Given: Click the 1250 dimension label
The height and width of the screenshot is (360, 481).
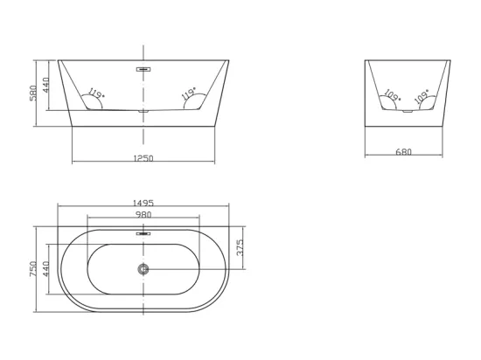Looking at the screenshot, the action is point(143,158).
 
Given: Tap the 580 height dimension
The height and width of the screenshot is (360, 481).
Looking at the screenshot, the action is point(33,93).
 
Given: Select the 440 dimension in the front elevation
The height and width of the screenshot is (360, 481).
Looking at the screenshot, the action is point(45,85).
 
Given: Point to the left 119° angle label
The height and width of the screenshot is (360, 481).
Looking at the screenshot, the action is point(96,93).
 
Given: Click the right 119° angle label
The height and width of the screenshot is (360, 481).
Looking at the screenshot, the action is point(189,93).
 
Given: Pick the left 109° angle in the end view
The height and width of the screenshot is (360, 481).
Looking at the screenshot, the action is point(393,95).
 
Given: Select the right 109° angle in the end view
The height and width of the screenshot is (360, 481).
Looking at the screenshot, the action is point(422,96).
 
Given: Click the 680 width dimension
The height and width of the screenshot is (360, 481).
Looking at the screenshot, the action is point(404,152).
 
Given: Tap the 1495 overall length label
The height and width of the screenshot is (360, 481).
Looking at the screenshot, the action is point(143,203).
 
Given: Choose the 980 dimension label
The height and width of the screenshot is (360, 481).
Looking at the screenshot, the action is point(143,214).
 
